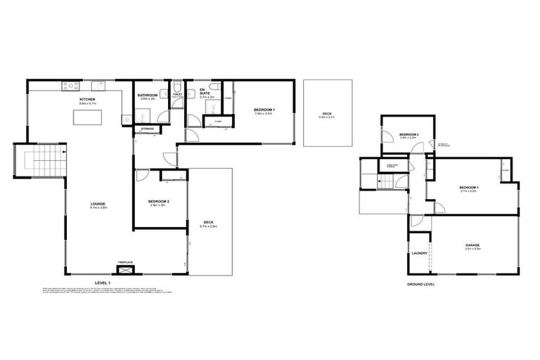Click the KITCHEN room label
tap(87, 101)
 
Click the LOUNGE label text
tap(98, 204)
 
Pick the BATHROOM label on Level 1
tap(147, 96)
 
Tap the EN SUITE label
tap(202, 91)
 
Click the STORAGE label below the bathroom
tap(147, 129)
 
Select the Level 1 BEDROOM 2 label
tap(158, 202)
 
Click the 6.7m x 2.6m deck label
tap(208, 224)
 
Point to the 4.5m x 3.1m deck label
tap(326, 115)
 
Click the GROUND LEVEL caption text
tap(421, 283)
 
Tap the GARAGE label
tap(472, 245)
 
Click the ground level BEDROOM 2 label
tap(409, 135)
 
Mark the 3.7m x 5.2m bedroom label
tap(468, 188)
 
